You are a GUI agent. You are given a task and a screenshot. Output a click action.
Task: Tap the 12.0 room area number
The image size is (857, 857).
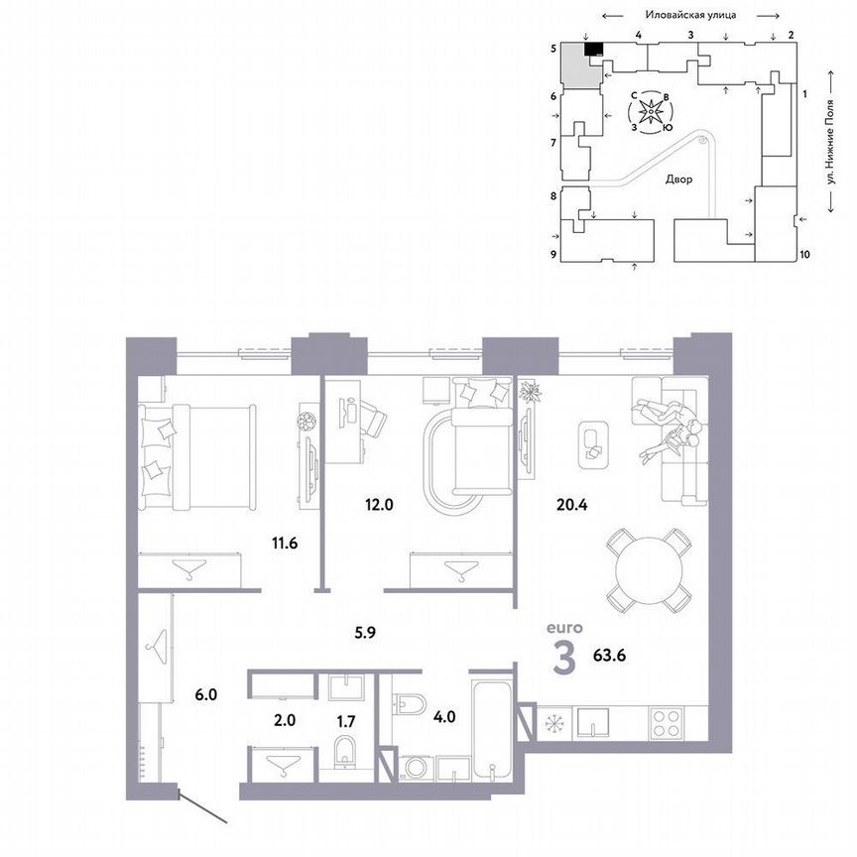pos(380,504)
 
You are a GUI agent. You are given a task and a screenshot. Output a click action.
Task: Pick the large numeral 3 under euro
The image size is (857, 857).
pos(562,658)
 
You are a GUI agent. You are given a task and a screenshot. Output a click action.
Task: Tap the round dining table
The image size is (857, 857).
pos(649,570)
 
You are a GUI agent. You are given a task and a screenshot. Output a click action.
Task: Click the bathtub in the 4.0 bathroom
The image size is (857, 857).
pos(493,726)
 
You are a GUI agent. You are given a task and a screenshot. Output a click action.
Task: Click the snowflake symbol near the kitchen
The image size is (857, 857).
pos(551,723)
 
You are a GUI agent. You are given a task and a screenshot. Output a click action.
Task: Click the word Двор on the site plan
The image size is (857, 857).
pos(679,180)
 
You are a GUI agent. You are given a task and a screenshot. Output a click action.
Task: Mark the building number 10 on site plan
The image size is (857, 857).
pos(804,255)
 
